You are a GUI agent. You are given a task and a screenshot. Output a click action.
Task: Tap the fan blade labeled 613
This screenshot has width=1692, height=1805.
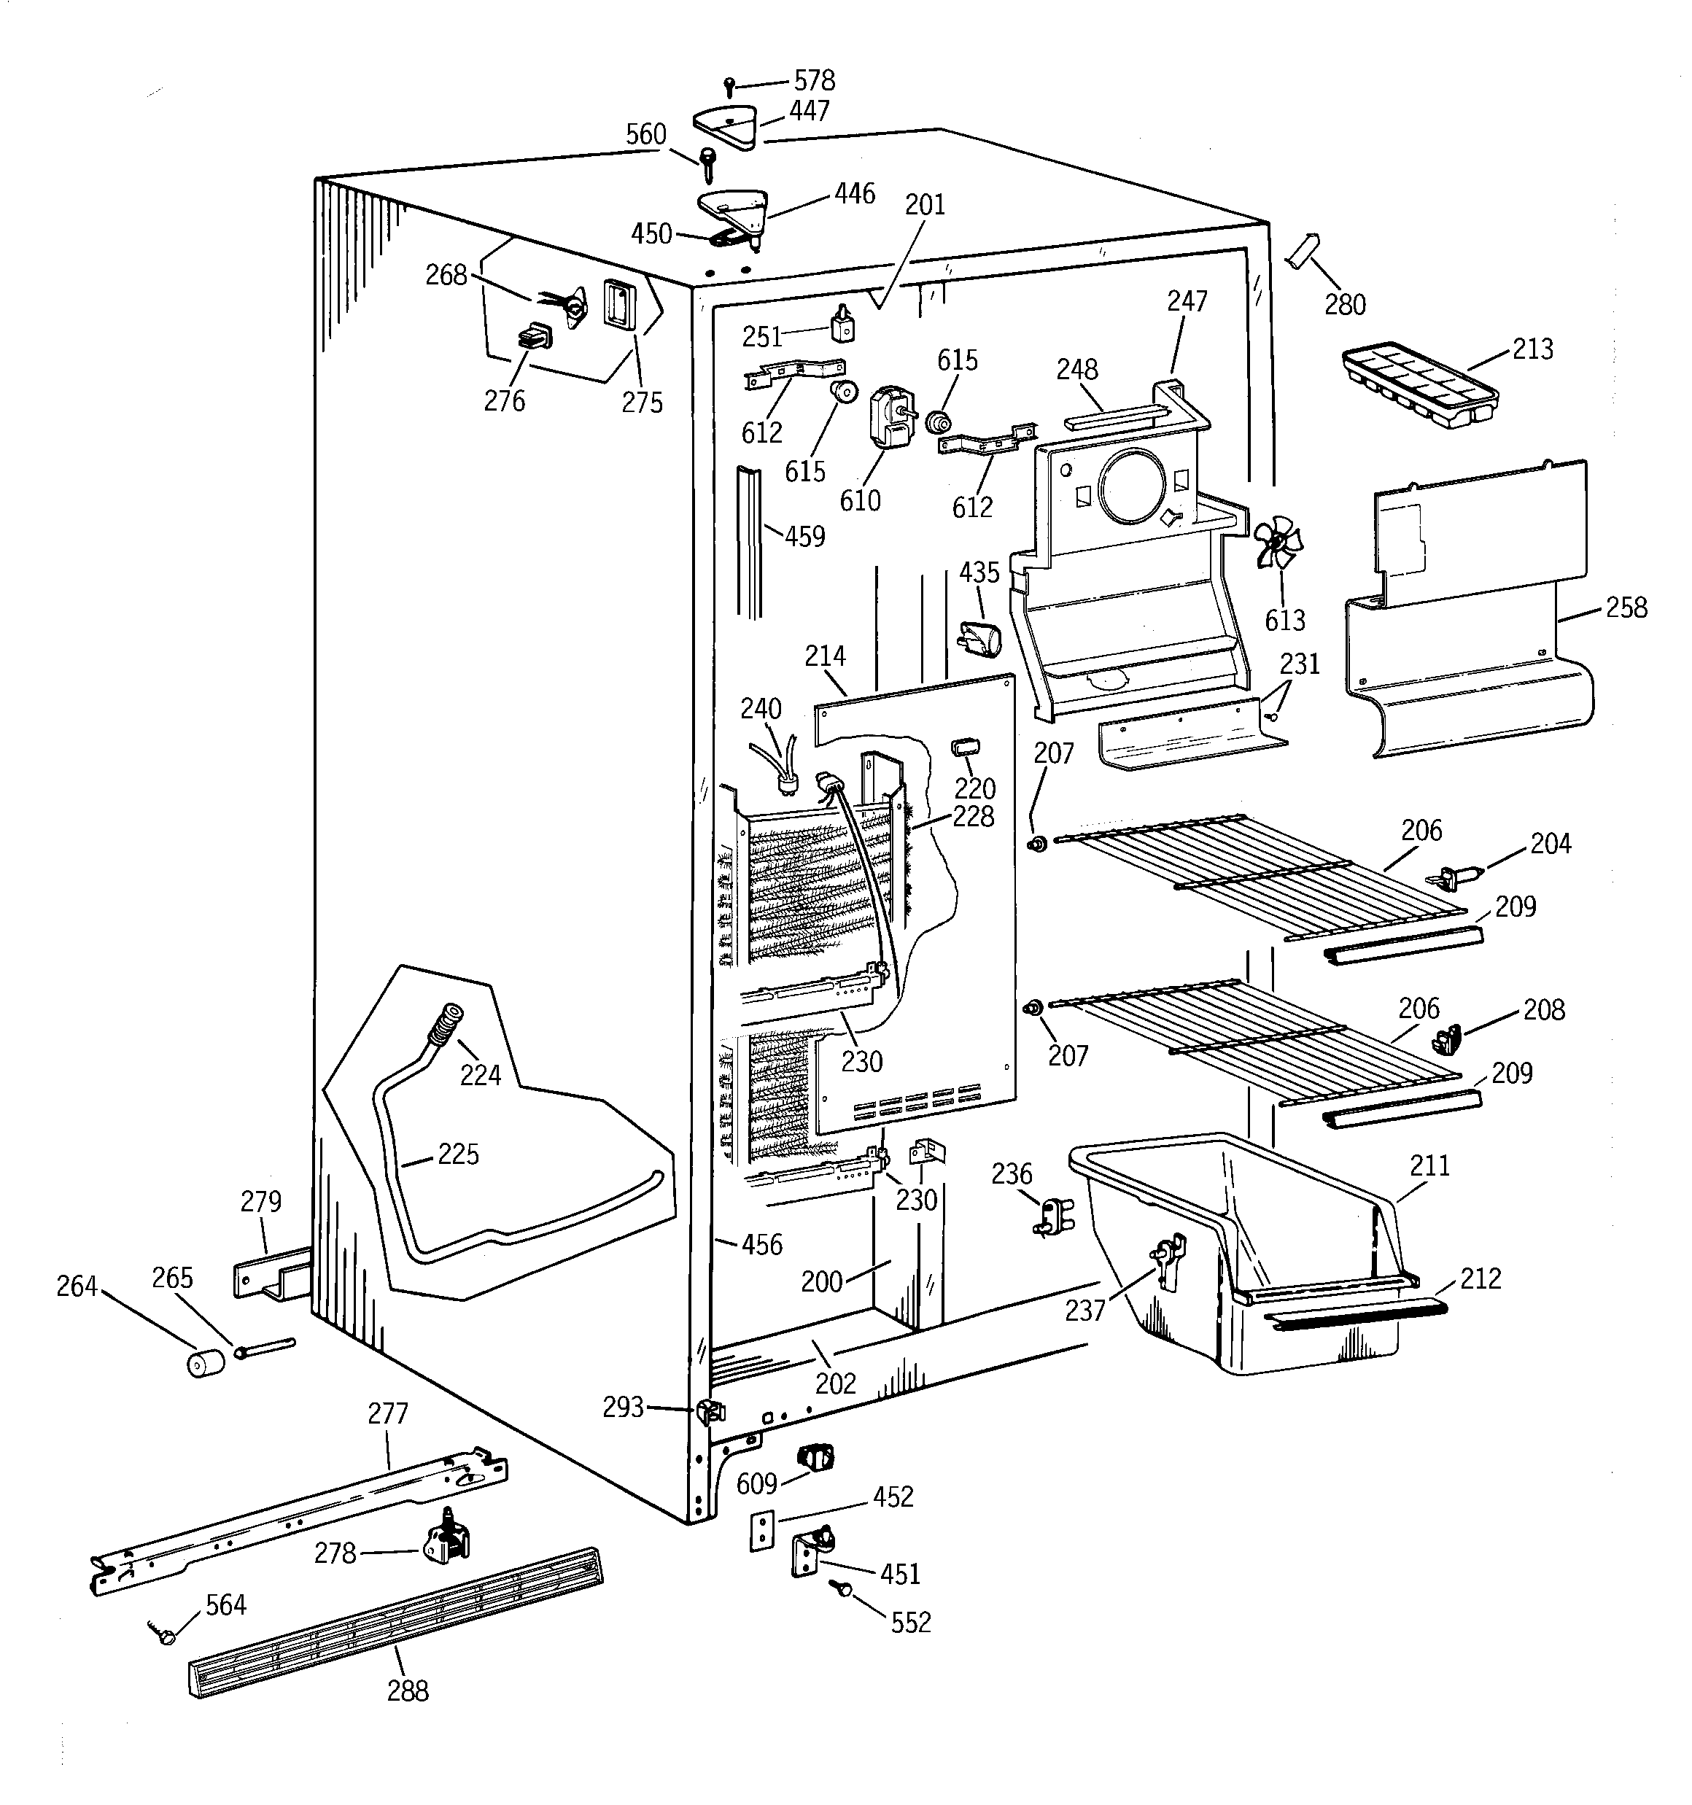pyautogui.click(x=1278, y=542)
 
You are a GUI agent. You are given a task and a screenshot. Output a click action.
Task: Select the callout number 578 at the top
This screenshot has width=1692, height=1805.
pyautogui.click(x=814, y=80)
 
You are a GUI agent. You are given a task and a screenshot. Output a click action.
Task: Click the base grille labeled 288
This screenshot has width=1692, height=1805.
pyautogui.click(x=396, y=1623)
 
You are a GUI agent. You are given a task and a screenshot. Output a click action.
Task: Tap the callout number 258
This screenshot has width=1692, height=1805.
pyautogui.click(x=1626, y=608)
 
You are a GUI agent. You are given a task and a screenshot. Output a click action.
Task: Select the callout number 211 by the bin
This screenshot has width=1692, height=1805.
pyautogui.click(x=1429, y=1166)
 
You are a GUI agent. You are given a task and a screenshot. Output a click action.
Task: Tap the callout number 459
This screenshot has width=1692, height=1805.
pyautogui.click(x=804, y=537)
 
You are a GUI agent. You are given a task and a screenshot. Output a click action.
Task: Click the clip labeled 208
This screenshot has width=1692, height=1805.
pyautogui.click(x=1448, y=1039)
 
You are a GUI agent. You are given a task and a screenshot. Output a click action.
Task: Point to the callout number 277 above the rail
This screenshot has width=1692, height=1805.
pyautogui.click(x=388, y=1413)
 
